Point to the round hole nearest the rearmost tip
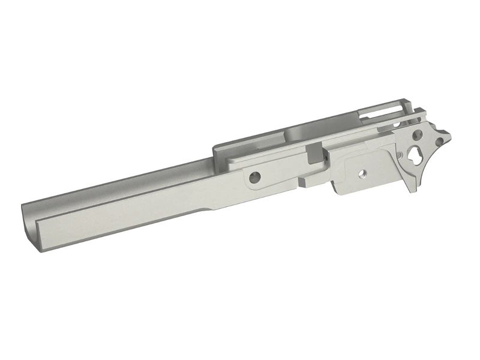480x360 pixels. point(440,142)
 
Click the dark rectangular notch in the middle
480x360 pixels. point(314,154)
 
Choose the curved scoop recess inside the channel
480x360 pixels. point(294,132)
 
